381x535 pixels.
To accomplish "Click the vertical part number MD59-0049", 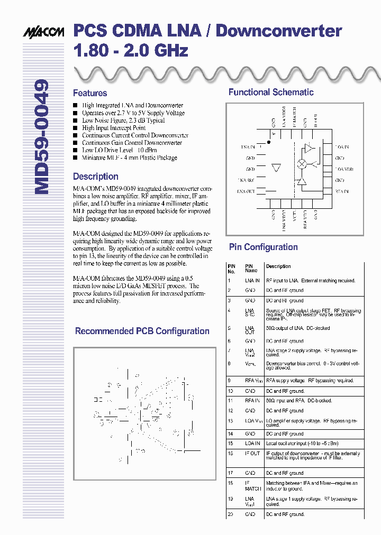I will [x=42, y=137].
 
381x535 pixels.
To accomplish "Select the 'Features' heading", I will [x=90, y=93].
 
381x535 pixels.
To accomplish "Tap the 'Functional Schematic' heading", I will [x=271, y=92].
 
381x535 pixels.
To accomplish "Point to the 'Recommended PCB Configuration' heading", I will [x=142, y=331].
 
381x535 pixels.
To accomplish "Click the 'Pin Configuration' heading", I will [x=263, y=247].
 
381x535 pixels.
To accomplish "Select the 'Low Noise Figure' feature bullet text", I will [x=123, y=121].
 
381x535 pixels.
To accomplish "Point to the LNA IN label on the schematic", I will [x=248, y=146].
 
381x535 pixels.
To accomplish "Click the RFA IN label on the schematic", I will [x=342, y=191].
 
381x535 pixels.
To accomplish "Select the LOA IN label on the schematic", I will [x=342, y=146].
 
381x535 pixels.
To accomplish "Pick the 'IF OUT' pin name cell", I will [x=252, y=454].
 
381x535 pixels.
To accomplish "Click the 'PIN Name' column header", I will [x=251, y=267].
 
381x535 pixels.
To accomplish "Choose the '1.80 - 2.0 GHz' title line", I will [x=130, y=51].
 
